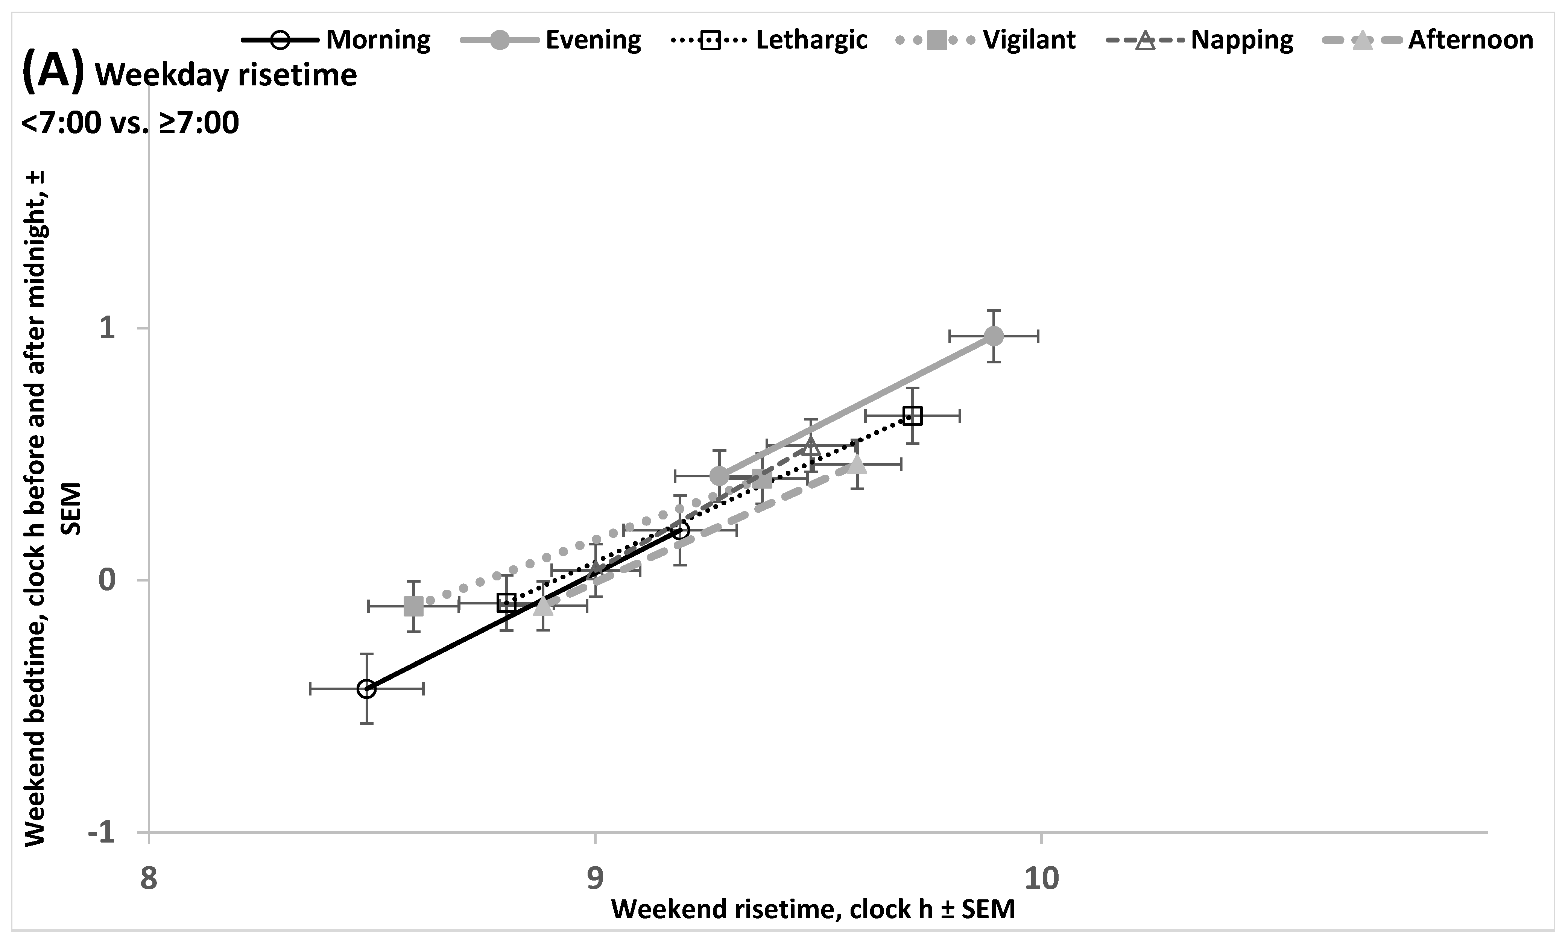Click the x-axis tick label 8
click(148, 879)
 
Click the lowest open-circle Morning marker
click(366, 688)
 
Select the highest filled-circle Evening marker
click(994, 336)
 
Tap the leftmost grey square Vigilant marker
click(414, 606)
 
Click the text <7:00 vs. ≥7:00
click(130, 122)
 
